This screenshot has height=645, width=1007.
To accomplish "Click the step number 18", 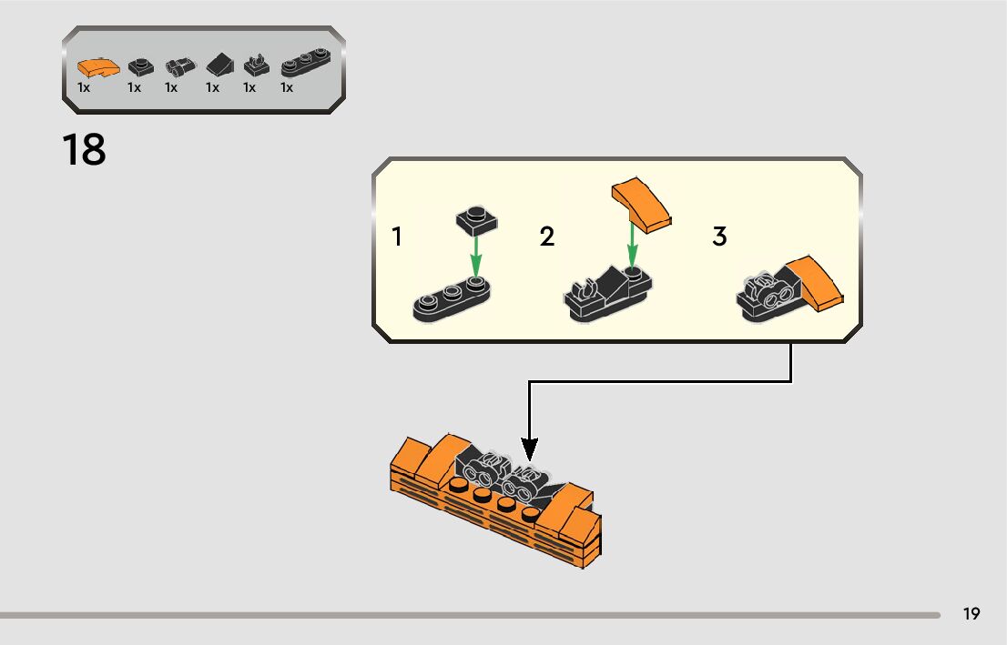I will pos(85,150).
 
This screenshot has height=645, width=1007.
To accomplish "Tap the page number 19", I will pos(971,614).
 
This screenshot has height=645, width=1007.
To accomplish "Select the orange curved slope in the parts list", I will pos(97,67).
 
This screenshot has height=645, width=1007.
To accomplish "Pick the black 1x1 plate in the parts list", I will pos(138,66).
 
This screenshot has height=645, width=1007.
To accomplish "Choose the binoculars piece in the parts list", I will pos(178,66).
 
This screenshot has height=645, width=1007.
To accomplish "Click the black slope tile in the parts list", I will pos(219,66).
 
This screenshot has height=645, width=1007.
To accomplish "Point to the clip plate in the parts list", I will pos(256,66).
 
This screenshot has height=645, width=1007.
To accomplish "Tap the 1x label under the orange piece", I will pos(84,88).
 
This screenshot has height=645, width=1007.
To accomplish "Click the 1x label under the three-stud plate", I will pos(287,88).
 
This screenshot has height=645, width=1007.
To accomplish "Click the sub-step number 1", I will pos(397,237).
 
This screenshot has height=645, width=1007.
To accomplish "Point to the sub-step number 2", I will pos(546,237).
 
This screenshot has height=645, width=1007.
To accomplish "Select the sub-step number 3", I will pos(719,237).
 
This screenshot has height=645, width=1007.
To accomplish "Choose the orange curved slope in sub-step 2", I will pos(642,205).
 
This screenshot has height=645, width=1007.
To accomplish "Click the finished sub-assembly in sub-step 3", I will pos(788,289).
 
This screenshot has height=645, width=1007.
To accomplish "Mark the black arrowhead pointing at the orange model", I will pos(529,448).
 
